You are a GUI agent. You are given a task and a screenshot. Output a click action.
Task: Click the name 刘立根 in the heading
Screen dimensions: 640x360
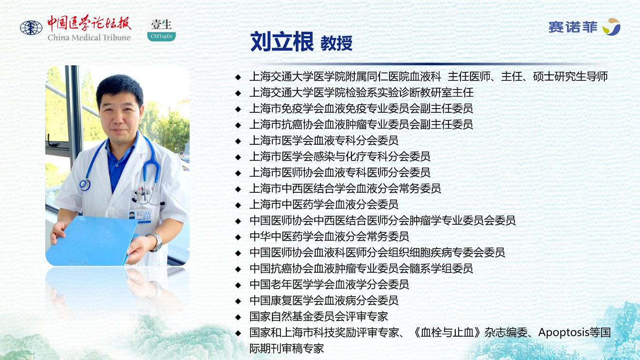[282, 42]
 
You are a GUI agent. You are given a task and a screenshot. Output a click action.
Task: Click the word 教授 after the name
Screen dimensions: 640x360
[336, 44]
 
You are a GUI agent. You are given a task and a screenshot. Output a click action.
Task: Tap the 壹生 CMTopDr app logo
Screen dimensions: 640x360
[161, 28]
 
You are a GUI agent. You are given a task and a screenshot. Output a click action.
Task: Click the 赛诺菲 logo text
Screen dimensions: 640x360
[573, 27]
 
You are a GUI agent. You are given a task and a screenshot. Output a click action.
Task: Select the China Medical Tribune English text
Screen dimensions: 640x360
[89, 38]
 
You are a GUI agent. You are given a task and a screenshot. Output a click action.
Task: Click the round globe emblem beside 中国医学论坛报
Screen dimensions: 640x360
[31, 28]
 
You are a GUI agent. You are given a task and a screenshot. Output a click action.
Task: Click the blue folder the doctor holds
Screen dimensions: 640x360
[91, 240]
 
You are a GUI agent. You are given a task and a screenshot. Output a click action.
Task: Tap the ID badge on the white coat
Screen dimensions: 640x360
[140, 216]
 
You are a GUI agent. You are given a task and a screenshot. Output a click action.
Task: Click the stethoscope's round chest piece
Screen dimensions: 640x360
[85, 185]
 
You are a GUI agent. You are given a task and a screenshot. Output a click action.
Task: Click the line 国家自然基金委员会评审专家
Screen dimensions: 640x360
[319, 316]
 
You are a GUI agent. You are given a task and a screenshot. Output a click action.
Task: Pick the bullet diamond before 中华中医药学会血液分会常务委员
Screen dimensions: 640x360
[238, 237]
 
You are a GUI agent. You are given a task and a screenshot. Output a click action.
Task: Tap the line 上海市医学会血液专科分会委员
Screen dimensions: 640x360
[324, 140]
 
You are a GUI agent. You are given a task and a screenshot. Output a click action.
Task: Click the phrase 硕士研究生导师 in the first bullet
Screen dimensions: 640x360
[570, 76]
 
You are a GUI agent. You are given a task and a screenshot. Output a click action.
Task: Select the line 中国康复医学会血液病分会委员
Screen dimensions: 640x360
[324, 300]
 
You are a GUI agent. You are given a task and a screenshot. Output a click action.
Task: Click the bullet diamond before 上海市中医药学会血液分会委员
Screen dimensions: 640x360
[238, 205]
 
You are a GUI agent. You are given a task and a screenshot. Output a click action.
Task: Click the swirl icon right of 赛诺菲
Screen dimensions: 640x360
[612, 27]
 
